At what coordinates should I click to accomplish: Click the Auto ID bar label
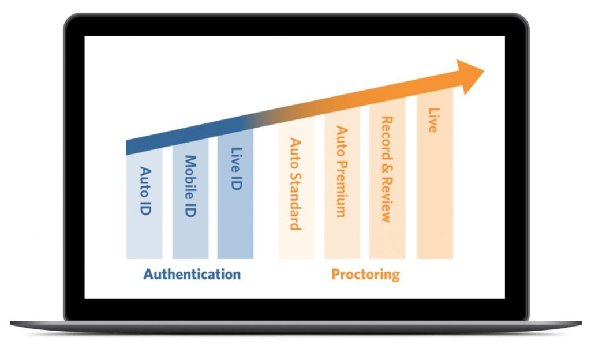145,190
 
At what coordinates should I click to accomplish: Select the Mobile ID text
190,186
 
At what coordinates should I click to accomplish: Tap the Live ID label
237,168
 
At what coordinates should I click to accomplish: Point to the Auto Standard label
295,184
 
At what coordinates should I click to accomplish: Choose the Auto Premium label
342,171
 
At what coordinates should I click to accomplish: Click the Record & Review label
387,169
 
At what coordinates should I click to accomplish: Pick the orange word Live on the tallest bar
434,120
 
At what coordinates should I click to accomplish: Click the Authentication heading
192,274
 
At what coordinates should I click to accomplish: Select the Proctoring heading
365,275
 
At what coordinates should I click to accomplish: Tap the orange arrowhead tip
484,70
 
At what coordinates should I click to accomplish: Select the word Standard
295,201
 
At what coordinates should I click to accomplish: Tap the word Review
387,199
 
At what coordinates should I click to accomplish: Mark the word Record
387,138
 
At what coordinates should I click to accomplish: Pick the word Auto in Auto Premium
342,141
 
